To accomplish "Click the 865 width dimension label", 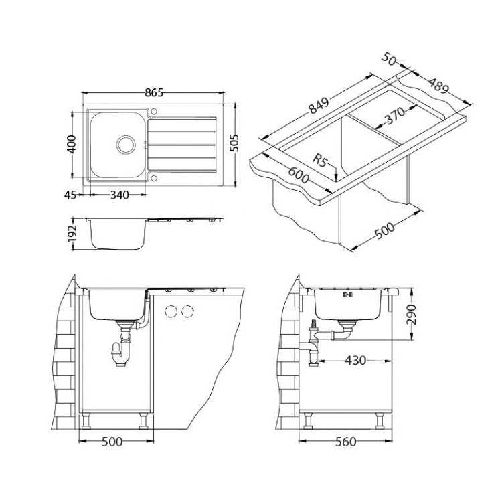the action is pyautogui.click(x=154, y=92).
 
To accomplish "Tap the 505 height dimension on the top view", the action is pyautogui.click(x=234, y=143).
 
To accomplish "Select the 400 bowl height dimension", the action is pyautogui.click(x=72, y=145).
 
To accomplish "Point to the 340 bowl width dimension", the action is pyautogui.click(x=119, y=195).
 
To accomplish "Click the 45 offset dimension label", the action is pyautogui.click(x=70, y=195).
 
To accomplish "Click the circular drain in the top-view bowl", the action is pyautogui.click(x=126, y=145).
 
